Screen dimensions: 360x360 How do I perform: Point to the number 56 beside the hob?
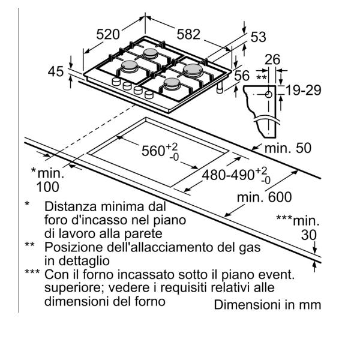pos(242,76)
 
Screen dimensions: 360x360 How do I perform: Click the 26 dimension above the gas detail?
pos(273,60)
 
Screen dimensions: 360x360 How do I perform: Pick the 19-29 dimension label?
pos(304,91)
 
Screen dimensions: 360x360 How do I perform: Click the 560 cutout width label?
pos(157,151)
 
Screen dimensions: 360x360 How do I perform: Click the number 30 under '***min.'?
pos(308,235)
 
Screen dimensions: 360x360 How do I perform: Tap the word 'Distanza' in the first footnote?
pos(68,205)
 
